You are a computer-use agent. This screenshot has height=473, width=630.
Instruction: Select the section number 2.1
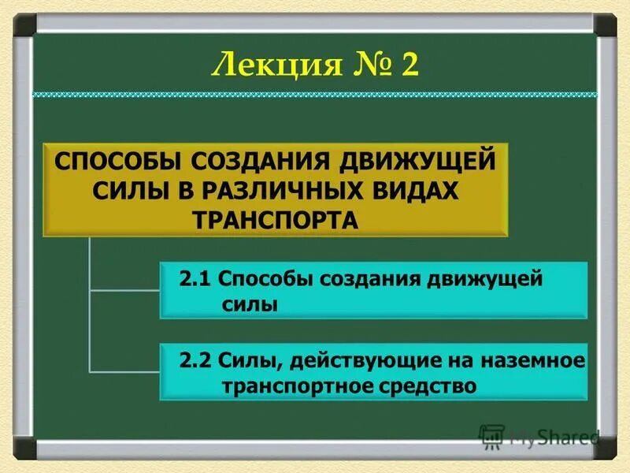pos(195,280)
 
